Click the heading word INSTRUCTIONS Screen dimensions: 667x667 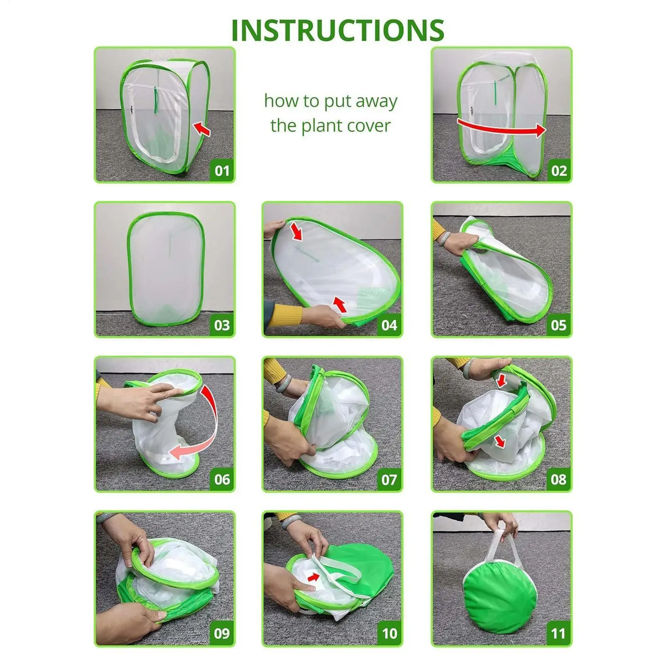[x=337, y=30]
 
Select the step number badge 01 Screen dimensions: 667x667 [x=222, y=171]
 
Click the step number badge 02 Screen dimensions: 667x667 [x=559, y=171]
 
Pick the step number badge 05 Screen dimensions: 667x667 [x=559, y=325]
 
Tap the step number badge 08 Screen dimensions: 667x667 [x=559, y=479]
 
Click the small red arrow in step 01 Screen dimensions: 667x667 [x=202, y=128]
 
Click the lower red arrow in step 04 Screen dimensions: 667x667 [x=340, y=304]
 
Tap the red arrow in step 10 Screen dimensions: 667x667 [x=313, y=577]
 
